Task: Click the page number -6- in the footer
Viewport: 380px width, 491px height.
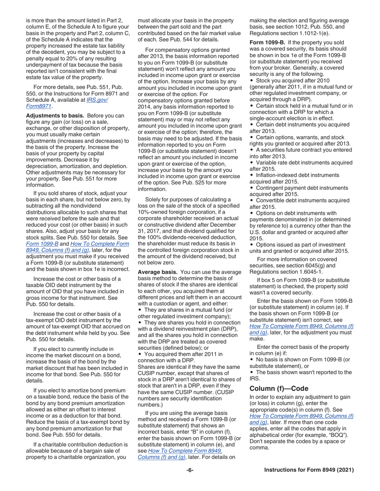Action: (x=190, y=471)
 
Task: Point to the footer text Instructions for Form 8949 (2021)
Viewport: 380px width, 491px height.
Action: (x=309, y=471)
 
